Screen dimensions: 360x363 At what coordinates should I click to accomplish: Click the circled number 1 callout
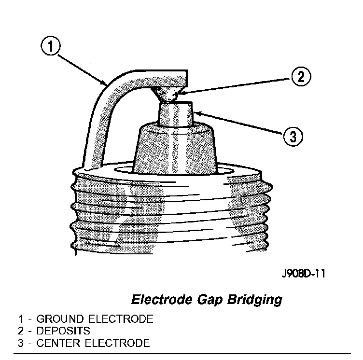[50, 48]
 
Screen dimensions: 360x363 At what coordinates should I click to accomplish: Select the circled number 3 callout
[293, 136]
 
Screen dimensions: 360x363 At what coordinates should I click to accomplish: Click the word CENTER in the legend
[56, 344]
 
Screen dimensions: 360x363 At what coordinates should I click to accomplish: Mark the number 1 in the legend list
[20, 319]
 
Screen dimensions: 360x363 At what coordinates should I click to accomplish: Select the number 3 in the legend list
[20, 344]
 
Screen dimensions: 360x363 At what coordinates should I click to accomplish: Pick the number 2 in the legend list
[20, 331]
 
